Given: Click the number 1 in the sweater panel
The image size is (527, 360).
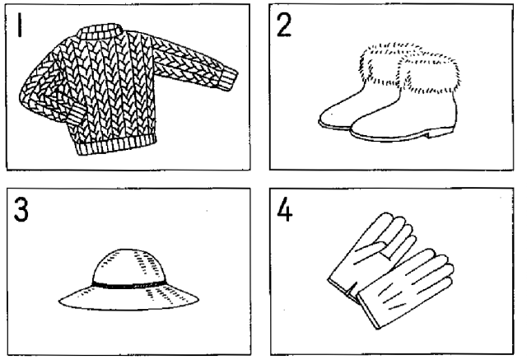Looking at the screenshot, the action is (20, 25).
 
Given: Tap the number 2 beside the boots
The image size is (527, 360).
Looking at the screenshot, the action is (284, 26).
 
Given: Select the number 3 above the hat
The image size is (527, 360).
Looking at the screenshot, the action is (21, 209).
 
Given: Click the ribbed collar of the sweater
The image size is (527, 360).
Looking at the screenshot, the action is (100, 31).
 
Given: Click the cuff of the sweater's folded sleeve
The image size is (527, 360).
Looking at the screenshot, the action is (75, 114).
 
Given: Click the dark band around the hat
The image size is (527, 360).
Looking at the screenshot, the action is (129, 285).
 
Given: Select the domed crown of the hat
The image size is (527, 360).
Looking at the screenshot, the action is (128, 266).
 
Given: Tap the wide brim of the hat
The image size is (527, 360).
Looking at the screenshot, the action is (128, 298).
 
